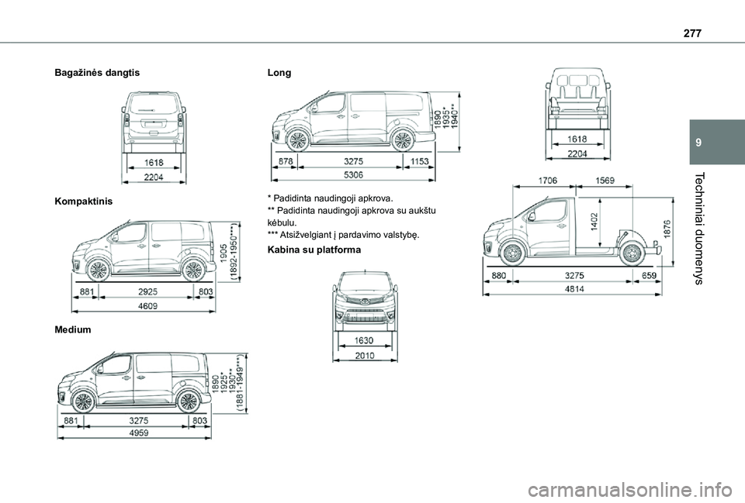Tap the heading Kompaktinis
click(82, 201)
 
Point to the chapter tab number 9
click(700, 143)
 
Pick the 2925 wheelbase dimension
click(146, 291)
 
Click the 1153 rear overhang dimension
click(419, 162)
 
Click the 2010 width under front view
click(365, 355)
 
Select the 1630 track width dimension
click(364, 339)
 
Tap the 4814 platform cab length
click(575, 288)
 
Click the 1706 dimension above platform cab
click(547, 181)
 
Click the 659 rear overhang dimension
click(650, 274)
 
